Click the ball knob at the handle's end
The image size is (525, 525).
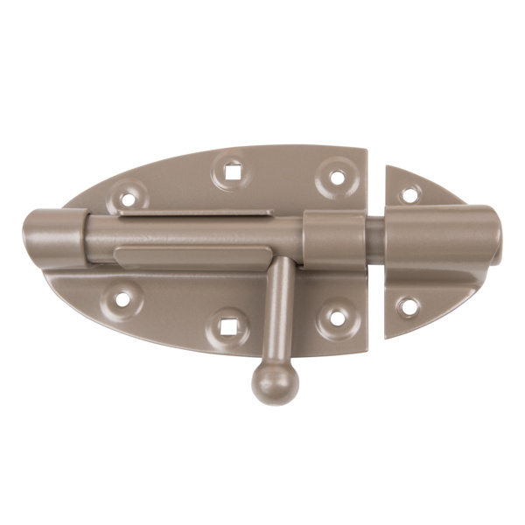[271, 381]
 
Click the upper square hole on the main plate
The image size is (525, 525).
[232, 171]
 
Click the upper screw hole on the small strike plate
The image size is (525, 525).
[408, 194]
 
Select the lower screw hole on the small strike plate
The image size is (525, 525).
[407, 307]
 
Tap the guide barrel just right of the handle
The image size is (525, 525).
[334, 241]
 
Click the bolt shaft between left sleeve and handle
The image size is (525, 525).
[175, 234]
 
